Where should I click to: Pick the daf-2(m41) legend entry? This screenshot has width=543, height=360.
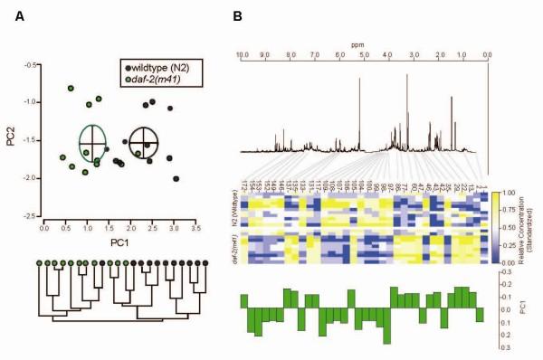point(157,80)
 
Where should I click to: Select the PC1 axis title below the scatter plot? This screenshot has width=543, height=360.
point(120,242)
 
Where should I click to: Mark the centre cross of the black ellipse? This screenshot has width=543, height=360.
point(143,142)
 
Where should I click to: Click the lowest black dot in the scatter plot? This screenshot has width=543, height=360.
point(176,178)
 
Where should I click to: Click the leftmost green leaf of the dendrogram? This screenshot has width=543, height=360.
point(41,263)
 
